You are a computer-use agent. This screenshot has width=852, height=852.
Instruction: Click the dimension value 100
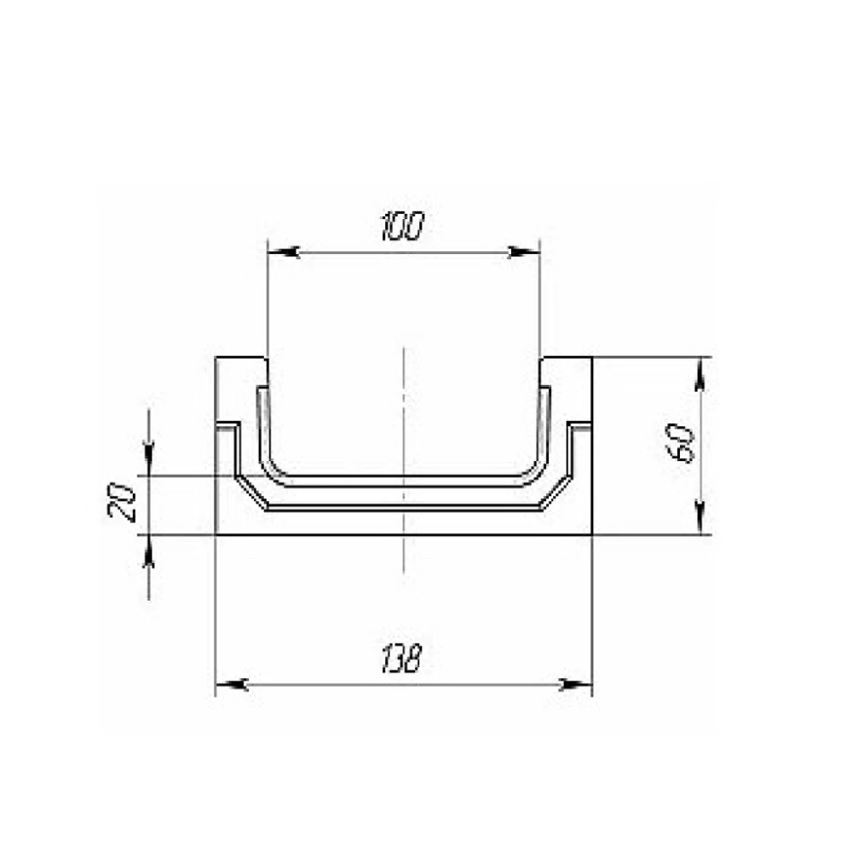pyautogui.click(x=401, y=227)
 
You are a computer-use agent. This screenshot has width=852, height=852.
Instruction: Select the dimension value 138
pyautogui.click(x=401, y=659)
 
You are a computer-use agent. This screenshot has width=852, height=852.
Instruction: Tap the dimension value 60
pyautogui.click(x=682, y=443)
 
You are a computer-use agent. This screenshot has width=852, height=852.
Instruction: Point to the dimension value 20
pyautogui.click(x=122, y=503)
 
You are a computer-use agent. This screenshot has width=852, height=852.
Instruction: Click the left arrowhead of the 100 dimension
pyautogui.click(x=284, y=252)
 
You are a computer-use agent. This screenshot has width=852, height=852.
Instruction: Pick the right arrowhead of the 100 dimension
pyautogui.click(x=524, y=252)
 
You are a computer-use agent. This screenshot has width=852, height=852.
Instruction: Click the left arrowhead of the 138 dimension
pyautogui.click(x=232, y=685)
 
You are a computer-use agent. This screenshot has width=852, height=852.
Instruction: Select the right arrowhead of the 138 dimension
pyautogui.click(x=576, y=685)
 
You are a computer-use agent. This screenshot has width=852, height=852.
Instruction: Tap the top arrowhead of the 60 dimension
pyautogui.click(x=700, y=374)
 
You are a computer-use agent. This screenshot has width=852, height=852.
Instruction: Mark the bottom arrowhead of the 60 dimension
pyautogui.click(x=700, y=518)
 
